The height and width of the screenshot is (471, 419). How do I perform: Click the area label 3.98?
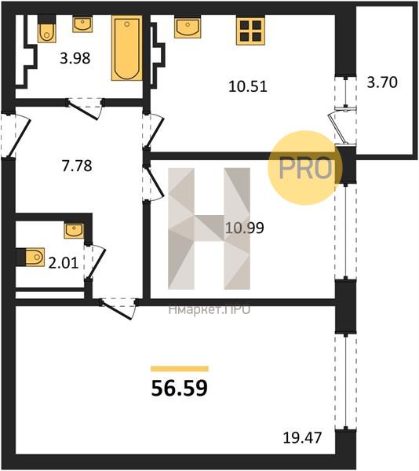pyautogui.click(x=75, y=58)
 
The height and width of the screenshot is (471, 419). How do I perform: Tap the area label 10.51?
pyautogui.click(x=248, y=86)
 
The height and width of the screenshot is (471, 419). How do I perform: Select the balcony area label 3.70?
pyautogui.click(x=382, y=82)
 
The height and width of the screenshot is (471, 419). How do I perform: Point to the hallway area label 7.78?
pyautogui.click(x=77, y=166)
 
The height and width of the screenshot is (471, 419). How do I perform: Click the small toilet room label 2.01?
pyautogui.click(x=64, y=263)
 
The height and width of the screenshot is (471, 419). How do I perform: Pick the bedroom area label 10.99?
pyautogui.click(x=245, y=228)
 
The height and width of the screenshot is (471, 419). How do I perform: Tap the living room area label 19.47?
pyautogui.click(x=302, y=438)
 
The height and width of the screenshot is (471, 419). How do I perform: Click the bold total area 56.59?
pyautogui.click(x=180, y=388)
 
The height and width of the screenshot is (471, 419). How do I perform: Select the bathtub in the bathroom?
pyautogui.click(x=127, y=48)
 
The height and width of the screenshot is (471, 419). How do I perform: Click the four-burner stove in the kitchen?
pyautogui.click(x=250, y=31)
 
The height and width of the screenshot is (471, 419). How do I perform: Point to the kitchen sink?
pyautogui.click(x=188, y=27)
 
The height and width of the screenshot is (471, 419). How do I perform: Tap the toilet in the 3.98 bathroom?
pyautogui.click(x=47, y=29)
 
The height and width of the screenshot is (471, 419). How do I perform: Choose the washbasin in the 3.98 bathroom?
pyautogui.click(x=82, y=24)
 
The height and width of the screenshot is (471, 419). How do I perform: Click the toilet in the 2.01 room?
pyautogui.click(x=31, y=257)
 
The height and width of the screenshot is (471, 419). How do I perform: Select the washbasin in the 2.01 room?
pyautogui.click(x=74, y=231)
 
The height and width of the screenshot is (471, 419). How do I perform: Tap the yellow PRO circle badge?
pyautogui.click(x=305, y=168)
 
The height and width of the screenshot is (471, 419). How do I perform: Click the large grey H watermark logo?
pyautogui.click(x=209, y=228)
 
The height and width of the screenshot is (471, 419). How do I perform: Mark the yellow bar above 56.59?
pyautogui.click(x=180, y=369)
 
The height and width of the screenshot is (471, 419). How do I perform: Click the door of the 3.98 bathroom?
pyautogui.click(x=86, y=109)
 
